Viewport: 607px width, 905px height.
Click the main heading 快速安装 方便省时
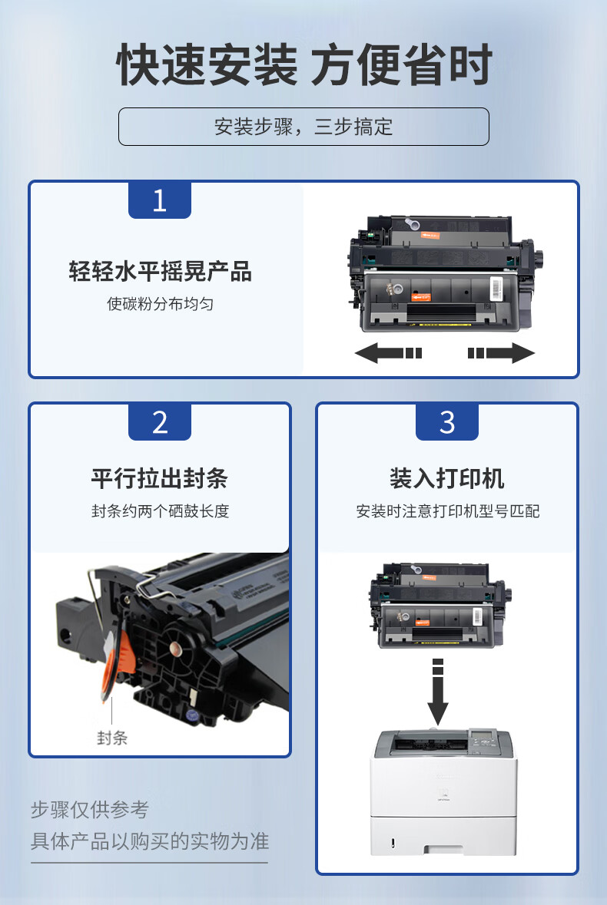[304, 64]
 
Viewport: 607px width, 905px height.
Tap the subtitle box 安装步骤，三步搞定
[303, 127]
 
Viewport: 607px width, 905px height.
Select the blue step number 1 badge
[159, 200]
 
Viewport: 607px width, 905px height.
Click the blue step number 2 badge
[159, 421]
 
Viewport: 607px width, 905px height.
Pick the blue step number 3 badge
[447, 421]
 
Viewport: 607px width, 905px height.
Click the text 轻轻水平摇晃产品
[160, 271]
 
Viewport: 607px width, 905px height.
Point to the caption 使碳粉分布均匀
[160, 304]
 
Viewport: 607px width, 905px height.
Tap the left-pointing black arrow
[388, 352]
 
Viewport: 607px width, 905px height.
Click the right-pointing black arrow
[501, 352]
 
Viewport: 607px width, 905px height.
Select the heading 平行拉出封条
[159, 478]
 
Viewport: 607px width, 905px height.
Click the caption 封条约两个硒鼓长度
[160, 510]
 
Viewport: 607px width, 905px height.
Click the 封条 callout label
[112, 738]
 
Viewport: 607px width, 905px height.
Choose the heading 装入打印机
[446, 478]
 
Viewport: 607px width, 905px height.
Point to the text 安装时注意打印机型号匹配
[448, 510]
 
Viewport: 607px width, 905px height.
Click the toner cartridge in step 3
[441, 606]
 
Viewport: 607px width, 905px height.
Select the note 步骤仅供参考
[90, 809]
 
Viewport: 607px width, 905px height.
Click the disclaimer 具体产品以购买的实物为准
[150, 841]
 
